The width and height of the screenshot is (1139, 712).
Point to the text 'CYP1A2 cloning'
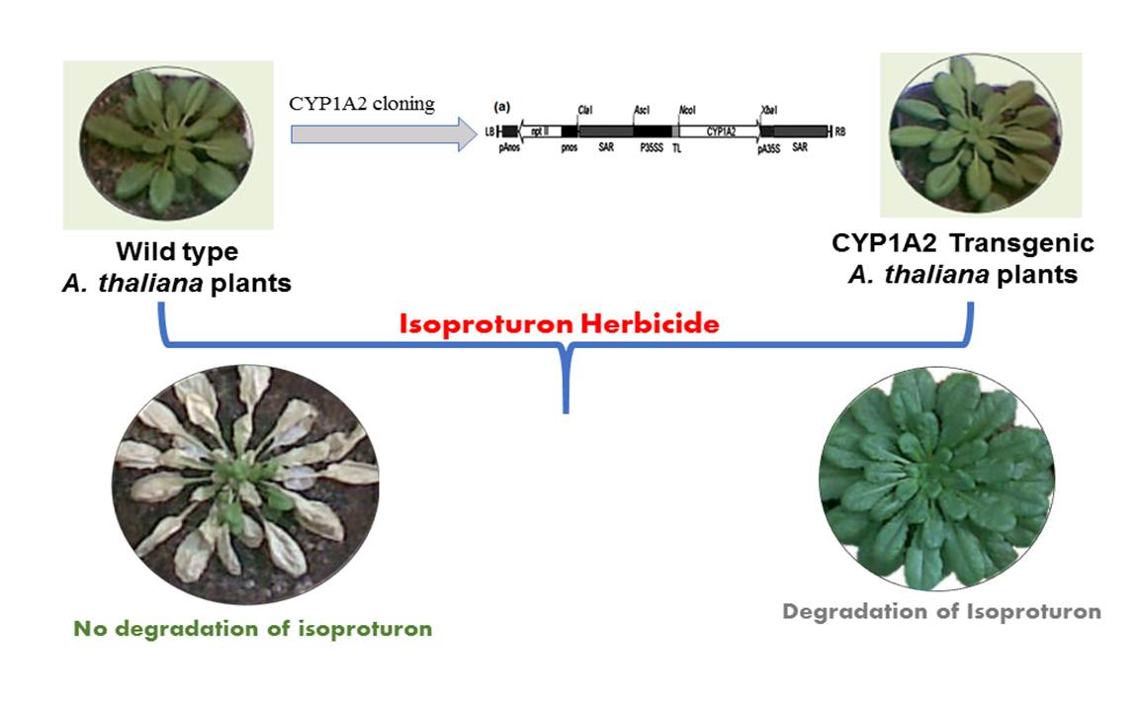[362, 103]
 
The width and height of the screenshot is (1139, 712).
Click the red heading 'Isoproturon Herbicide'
[559, 323]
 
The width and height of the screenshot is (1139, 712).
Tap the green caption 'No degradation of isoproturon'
[253, 628]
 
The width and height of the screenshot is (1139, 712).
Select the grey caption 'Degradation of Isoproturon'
[941, 611]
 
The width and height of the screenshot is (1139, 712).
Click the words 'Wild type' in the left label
[177, 252]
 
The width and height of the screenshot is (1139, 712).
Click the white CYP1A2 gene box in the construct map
[719, 131]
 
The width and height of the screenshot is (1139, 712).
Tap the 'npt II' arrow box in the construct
[539, 131]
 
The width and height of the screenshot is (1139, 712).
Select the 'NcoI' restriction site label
[688, 112]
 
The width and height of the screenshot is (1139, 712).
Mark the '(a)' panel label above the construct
[501, 105]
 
